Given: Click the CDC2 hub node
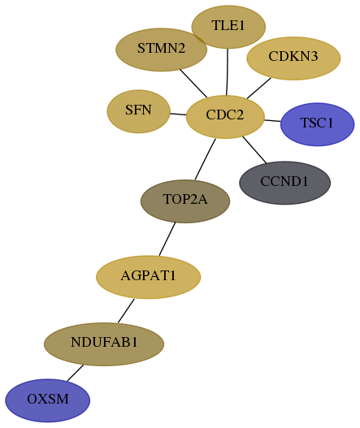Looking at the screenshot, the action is [x=225, y=117].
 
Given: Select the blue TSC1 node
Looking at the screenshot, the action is [x=317, y=124].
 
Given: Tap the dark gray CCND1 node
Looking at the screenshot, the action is [x=284, y=183].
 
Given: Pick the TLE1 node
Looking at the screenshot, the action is [x=228, y=27].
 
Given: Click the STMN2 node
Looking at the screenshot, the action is [x=161, y=50].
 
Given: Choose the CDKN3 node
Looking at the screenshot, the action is [x=293, y=58].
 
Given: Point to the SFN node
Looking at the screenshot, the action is [x=138, y=111].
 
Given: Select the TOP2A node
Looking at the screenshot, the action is [x=185, y=201].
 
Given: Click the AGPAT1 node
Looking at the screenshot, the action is [x=149, y=277].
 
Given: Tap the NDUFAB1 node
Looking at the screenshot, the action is [x=104, y=344].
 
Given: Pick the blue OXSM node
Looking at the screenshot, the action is [x=47, y=400].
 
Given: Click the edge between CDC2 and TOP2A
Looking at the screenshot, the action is [x=205, y=159].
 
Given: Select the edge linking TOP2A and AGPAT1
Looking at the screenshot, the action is [x=167, y=239].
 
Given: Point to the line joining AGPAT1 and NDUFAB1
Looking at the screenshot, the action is [x=126, y=310].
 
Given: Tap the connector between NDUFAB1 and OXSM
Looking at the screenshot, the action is [x=75, y=373].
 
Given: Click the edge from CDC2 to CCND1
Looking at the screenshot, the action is [x=254, y=150].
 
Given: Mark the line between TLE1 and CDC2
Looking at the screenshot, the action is [x=228, y=71].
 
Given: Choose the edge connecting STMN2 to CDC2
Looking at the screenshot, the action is [x=193, y=84].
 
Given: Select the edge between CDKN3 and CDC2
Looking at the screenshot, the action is [x=259, y=89].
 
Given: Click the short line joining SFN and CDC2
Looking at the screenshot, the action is [x=178, y=114].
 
